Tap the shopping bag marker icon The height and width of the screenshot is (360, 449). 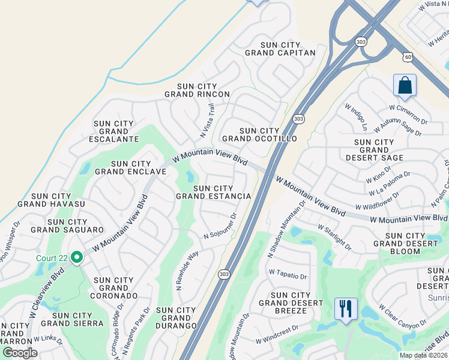405,85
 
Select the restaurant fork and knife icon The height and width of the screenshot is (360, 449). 346,309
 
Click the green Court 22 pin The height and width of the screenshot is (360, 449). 76,258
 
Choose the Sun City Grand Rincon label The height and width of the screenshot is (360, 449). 197,90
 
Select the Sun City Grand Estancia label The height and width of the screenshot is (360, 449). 213,192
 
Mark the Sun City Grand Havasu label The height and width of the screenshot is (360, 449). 52,200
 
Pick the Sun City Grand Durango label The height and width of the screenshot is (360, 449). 176,317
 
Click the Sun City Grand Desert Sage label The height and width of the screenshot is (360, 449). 375,150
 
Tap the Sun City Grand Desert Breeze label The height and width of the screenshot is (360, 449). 291,303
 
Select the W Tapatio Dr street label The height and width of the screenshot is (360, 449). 288,275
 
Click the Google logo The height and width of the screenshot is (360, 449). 20,353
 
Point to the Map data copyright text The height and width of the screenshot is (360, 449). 424,355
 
